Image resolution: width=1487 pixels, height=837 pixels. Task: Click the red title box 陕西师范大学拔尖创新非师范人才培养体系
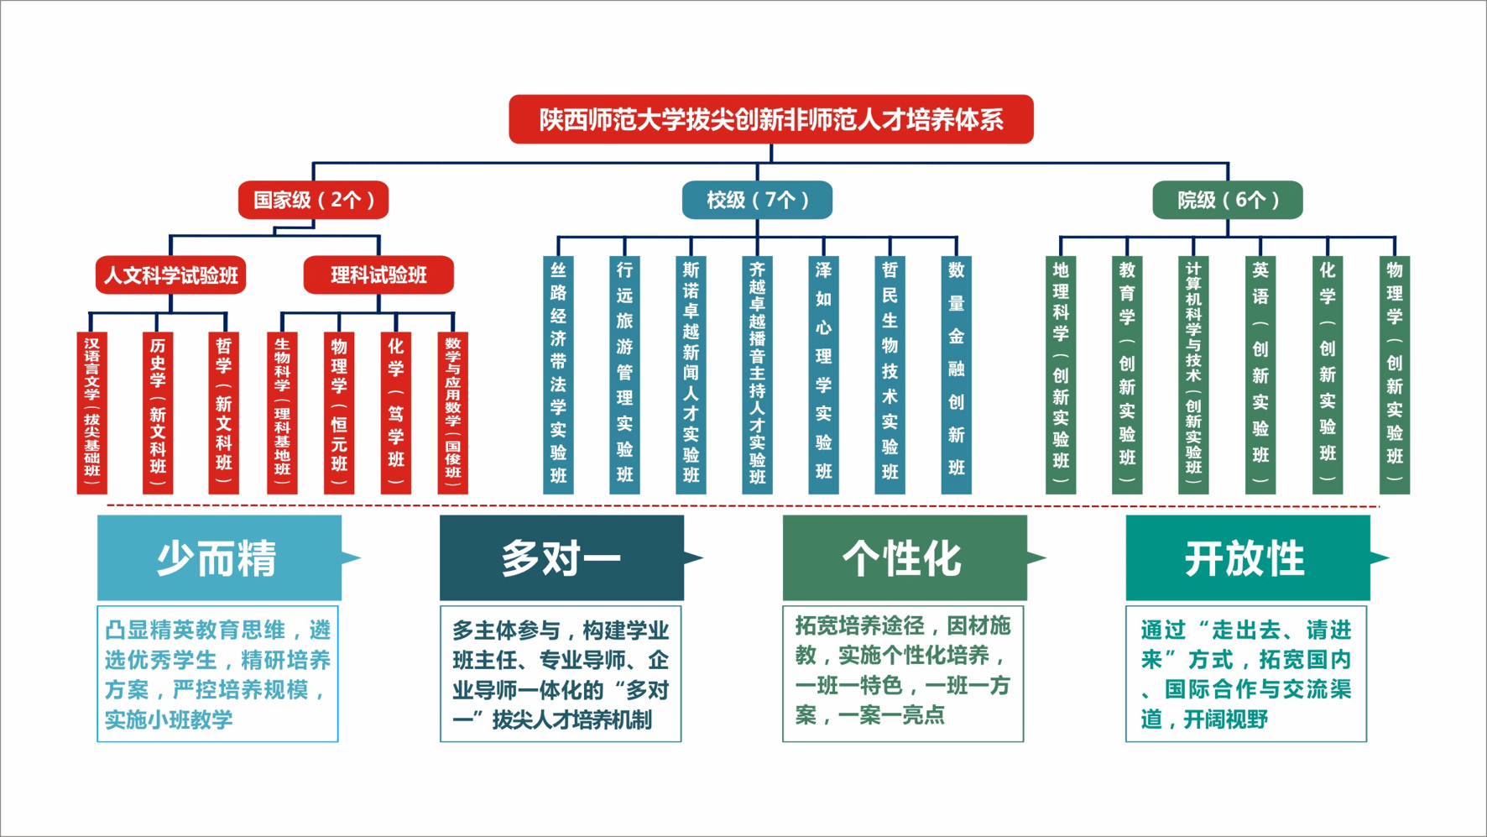[770, 119]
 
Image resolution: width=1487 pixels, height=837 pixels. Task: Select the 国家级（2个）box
[313, 200]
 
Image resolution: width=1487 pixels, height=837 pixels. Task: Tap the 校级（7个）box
[757, 200]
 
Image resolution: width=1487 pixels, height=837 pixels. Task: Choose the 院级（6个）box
[1228, 200]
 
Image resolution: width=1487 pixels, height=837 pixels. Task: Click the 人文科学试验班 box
[170, 275]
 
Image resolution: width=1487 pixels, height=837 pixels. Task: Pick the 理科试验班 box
[378, 275]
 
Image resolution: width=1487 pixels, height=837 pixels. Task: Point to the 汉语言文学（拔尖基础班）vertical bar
[91, 413]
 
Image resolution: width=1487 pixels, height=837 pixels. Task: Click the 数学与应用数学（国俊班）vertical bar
[452, 413]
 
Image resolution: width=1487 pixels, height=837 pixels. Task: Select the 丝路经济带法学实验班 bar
[558, 374]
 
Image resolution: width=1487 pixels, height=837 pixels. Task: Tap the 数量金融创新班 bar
[956, 374]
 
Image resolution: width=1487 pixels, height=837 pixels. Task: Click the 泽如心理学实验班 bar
[823, 374]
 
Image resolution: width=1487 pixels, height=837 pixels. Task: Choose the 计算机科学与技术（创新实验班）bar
[1193, 374]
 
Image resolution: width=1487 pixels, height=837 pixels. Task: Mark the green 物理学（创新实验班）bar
[1394, 374]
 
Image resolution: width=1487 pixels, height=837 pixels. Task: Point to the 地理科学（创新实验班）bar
[1061, 374]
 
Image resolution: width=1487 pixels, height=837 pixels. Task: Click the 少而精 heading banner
[220, 557]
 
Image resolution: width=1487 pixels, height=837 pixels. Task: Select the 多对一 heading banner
[562, 557]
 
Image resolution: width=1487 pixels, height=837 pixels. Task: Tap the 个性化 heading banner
[905, 557]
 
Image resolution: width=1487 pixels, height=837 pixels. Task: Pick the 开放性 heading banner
[1248, 557]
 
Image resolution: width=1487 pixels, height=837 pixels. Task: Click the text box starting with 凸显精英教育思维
[218, 673]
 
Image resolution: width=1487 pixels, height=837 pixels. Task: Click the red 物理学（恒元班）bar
[339, 413]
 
